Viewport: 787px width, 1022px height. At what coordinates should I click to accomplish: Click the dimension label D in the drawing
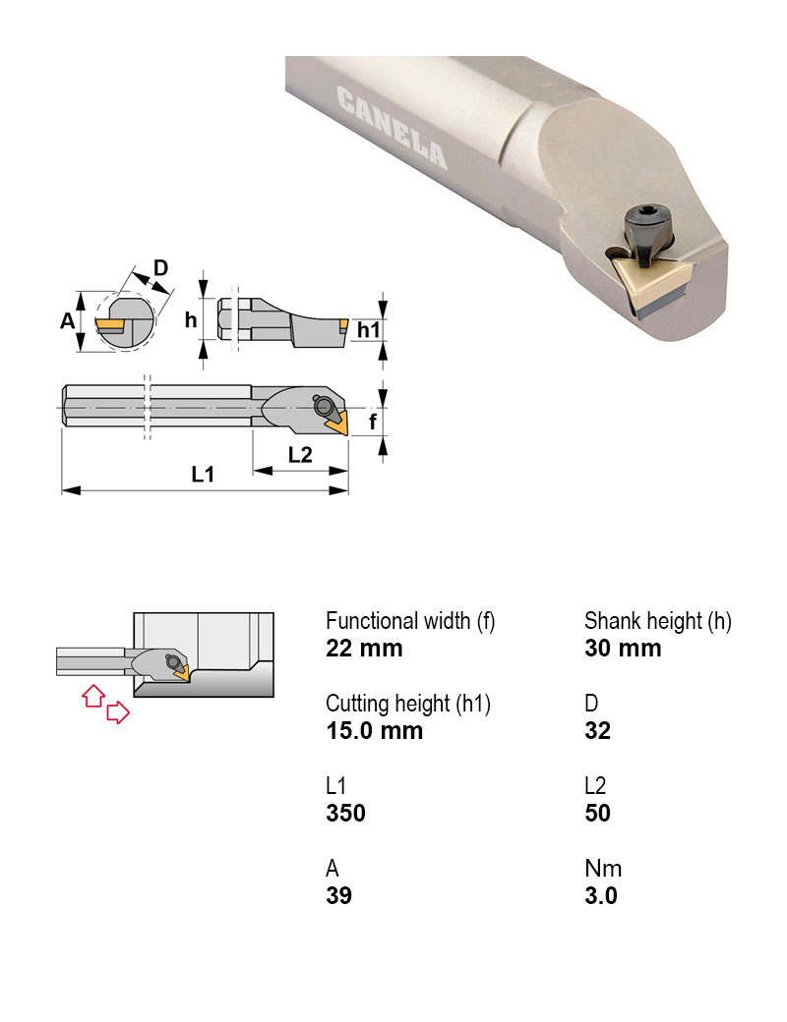click(x=161, y=267)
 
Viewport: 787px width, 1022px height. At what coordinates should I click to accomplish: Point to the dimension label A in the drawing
click(x=67, y=320)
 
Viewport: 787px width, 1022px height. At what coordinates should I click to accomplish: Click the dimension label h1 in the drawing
click(x=367, y=330)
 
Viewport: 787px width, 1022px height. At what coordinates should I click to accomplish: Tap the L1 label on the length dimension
click(x=203, y=474)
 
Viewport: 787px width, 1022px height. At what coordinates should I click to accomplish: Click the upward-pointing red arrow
click(x=91, y=696)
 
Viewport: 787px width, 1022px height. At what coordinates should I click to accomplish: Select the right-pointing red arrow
click(x=117, y=712)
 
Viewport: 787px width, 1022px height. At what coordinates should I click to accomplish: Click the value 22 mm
click(x=364, y=649)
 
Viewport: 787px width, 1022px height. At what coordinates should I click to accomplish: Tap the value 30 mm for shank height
click(x=623, y=649)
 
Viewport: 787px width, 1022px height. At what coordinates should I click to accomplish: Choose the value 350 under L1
click(x=345, y=813)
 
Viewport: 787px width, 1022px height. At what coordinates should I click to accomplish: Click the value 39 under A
click(x=338, y=895)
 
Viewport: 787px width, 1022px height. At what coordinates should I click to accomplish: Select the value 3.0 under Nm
click(x=600, y=895)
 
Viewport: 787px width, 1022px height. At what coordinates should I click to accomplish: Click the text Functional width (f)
click(x=410, y=621)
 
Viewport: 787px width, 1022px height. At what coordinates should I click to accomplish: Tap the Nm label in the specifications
click(x=602, y=869)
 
